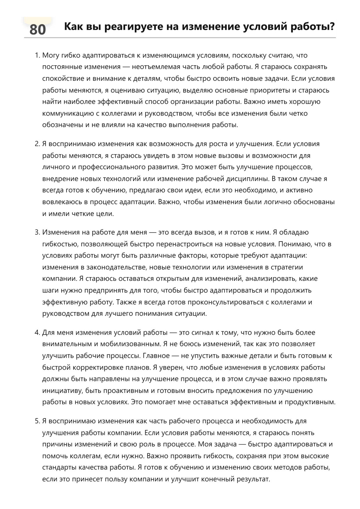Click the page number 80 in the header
(37, 30)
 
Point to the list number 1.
(37, 55)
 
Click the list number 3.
(37, 232)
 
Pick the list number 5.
(37, 421)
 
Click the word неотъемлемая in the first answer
(156, 67)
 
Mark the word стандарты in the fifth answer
(60, 467)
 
